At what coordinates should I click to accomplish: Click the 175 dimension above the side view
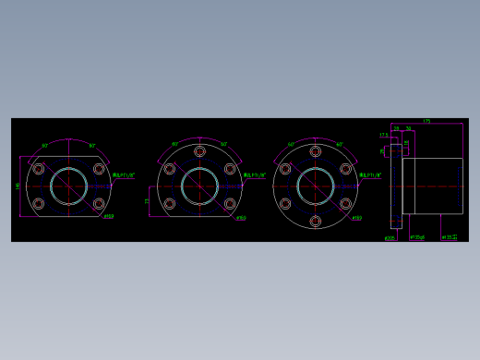tap(426, 121)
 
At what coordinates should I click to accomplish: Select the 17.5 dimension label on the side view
tap(384, 135)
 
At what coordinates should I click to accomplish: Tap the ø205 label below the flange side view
tap(390, 237)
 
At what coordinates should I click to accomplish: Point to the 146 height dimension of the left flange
tap(18, 186)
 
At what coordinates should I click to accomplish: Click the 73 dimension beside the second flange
tap(147, 200)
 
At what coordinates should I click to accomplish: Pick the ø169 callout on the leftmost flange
tap(109, 217)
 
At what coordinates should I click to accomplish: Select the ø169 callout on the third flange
tap(356, 218)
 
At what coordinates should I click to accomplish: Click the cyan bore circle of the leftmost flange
tap(68, 186)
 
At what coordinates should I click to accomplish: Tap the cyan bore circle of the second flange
tap(199, 186)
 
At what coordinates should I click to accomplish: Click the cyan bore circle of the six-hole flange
tap(316, 186)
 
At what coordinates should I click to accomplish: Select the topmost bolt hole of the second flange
tap(199, 151)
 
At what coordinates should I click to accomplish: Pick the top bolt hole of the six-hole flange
tap(316, 151)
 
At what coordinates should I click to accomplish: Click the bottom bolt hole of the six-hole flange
tap(316, 221)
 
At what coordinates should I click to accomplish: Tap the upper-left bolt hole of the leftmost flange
tap(39, 169)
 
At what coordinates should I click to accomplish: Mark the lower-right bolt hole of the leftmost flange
tap(98, 203)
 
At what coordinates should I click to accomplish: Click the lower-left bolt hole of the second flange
tap(170, 203)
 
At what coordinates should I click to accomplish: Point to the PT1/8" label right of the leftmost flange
tap(124, 174)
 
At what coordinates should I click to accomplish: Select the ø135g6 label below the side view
tap(417, 237)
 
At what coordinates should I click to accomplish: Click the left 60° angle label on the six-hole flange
tap(291, 145)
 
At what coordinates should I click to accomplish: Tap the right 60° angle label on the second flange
tap(224, 145)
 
